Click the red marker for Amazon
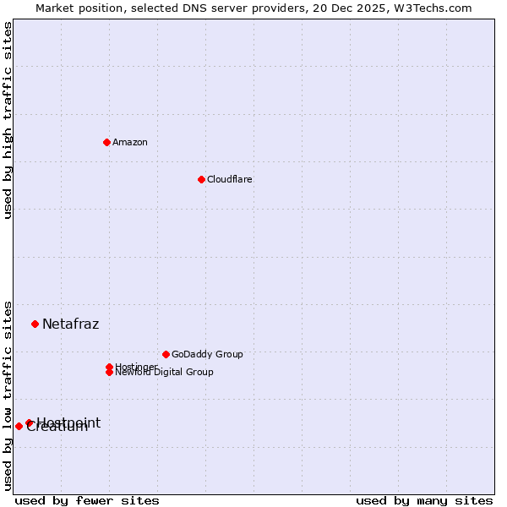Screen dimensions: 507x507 coord(106,142)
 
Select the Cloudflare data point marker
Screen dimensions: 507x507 coord(201,179)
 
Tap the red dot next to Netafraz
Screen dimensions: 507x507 coord(35,324)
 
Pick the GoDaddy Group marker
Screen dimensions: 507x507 coord(166,354)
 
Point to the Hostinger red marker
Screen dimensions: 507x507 coord(109,367)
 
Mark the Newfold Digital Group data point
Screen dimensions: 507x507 coord(109,372)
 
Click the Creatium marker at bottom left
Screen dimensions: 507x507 coord(19,426)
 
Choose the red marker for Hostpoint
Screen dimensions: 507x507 coord(29,422)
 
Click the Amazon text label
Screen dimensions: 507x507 coord(130,142)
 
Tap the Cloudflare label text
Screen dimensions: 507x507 coord(230,179)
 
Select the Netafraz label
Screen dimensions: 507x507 coord(70,324)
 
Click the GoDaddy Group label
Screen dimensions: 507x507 coord(207,354)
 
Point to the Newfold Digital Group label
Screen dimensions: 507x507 coord(164,373)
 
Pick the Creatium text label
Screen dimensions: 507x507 coord(57,428)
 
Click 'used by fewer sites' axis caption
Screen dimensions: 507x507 coord(87,500)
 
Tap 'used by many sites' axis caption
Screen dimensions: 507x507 coord(424,500)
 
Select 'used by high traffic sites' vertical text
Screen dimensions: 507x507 coord(8,120)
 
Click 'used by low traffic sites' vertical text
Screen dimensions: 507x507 coord(8,395)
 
